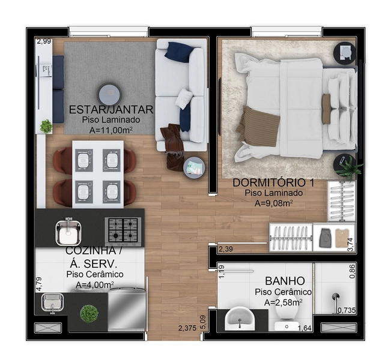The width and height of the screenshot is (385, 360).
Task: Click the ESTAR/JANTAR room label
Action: (111, 110)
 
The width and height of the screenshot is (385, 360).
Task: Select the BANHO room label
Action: (285, 281)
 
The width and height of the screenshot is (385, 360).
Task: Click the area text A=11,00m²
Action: (111, 130)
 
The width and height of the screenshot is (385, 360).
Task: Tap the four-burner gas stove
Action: (123, 229)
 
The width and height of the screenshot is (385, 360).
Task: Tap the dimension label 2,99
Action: (44, 41)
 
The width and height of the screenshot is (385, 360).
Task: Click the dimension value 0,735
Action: (347, 310)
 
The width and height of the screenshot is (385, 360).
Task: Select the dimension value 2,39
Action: (226, 249)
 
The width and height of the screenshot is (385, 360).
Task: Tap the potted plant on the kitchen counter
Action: (89, 313)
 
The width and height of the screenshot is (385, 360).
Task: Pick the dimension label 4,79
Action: (39, 283)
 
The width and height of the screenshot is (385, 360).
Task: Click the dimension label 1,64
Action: (305, 328)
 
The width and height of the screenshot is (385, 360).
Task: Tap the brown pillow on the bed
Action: (327, 109)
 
